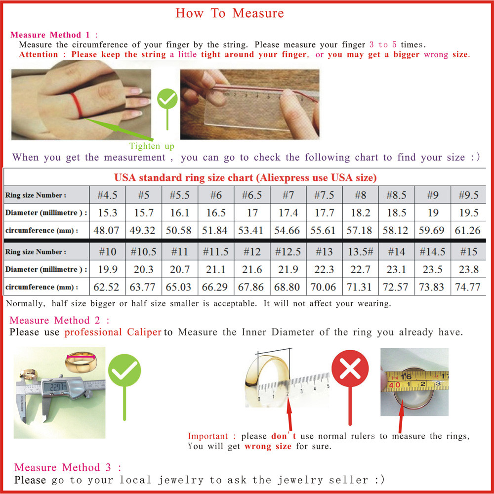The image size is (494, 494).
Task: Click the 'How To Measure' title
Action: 229,13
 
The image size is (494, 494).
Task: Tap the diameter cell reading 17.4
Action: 288,212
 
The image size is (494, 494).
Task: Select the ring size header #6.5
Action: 252,195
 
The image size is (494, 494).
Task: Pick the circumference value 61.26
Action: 467,230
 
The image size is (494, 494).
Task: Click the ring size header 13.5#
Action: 361,252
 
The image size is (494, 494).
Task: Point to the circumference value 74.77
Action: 467,287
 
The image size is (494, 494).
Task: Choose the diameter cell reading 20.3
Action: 143,269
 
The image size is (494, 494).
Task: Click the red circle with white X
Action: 350,369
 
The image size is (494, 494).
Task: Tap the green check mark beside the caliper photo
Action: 124,370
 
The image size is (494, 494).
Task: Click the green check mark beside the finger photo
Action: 167,99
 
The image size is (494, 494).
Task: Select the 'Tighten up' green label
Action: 152,146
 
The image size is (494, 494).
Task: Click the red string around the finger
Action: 77,105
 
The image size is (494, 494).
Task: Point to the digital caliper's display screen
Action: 55,386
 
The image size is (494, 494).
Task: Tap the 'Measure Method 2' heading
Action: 60,321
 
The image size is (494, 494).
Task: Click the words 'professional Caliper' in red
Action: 113,332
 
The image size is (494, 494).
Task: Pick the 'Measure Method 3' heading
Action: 68,467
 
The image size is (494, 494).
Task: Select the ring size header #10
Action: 107,252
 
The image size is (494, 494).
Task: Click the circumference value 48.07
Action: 107,230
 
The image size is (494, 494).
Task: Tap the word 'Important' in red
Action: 207,436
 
